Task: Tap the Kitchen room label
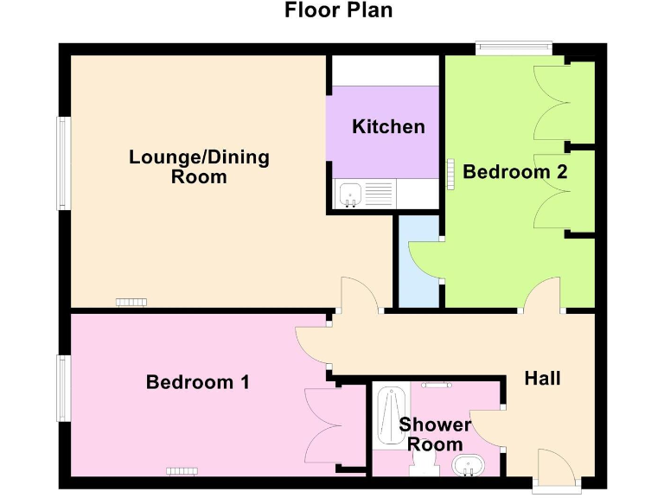coord(388,127)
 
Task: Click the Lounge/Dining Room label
coord(199,167)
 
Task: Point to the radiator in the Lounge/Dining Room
coord(132,302)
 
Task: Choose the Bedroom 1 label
coord(197,381)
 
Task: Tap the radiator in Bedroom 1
coord(182,470)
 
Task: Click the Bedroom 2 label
coord(514,172)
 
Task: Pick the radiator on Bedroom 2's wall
coord(449,172)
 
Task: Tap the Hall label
coord(543,378)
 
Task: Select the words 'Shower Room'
coord(434,434)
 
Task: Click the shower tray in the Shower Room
coord(390,417)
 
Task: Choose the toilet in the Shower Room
coord(423,468)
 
